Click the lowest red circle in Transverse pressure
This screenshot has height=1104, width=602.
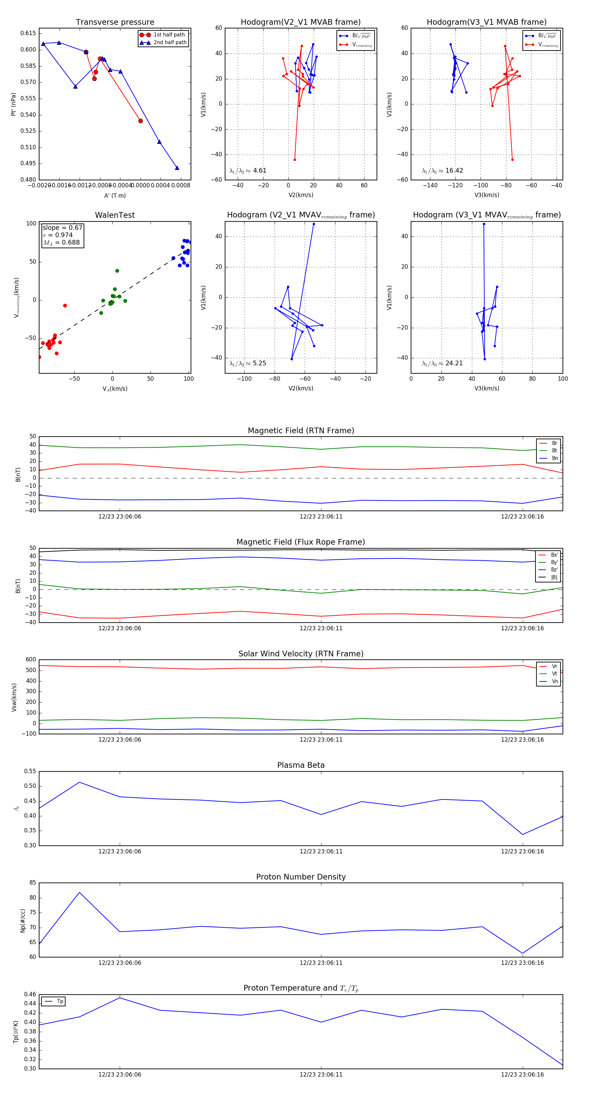coord(140,121)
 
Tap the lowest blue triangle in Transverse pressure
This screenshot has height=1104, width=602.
coord(177,168)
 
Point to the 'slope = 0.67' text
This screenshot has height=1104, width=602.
coord(62,227)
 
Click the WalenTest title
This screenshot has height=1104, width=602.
coord(115,215)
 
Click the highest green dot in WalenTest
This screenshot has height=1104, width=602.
coord(117,271)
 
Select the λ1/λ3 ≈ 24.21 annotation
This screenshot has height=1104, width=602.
coord(442,363)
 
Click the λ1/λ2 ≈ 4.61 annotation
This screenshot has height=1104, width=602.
coord(247,171)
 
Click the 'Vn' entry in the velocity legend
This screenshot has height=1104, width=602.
coord(555,681)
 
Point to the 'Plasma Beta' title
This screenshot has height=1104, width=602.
coord(301,765)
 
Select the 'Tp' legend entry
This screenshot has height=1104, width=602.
coord(60,1001)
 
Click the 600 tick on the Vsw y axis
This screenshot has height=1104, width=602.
coord(31,660)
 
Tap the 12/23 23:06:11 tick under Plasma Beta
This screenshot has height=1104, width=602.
coord(321,851)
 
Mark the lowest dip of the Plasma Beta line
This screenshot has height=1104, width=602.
coord(522,834)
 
